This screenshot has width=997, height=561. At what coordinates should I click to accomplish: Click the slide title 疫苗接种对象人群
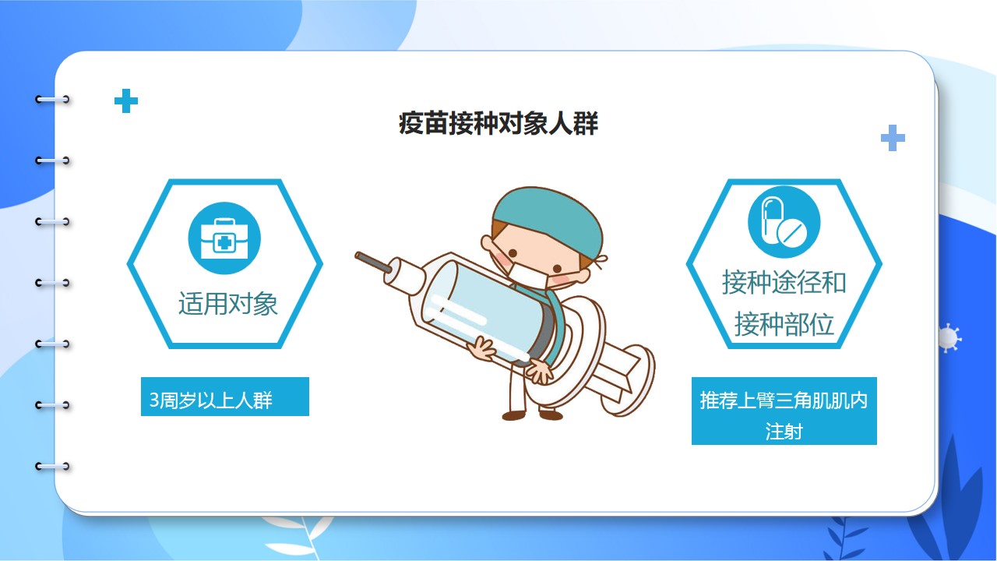point(498,123)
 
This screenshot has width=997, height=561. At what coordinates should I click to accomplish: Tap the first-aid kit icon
point(224,238)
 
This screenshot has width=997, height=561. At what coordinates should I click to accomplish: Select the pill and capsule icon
point(784,222)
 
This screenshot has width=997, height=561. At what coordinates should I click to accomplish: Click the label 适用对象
point(228,304)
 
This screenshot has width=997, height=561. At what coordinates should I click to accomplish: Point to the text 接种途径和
point(784,282)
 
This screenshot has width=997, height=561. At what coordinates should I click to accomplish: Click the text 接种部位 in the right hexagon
point(784,323)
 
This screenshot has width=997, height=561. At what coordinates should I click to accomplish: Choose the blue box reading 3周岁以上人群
point(225,397)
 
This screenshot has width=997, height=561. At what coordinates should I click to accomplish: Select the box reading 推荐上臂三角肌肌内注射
point(784,411)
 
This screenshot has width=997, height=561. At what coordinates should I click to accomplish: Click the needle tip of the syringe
point(358,256)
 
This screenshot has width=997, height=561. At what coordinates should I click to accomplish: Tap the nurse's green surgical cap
point(548,218)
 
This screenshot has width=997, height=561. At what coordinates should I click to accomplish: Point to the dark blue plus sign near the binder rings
point(126,101)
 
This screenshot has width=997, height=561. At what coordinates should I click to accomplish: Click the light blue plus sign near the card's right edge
point(893,138)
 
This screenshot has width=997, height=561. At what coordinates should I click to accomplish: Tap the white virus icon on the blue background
point(949,338)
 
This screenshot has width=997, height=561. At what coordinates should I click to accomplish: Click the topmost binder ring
point(52,99)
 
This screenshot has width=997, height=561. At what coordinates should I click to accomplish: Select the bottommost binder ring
point(52,467)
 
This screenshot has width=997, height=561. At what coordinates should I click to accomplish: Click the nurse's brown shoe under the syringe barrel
point(513,416)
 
